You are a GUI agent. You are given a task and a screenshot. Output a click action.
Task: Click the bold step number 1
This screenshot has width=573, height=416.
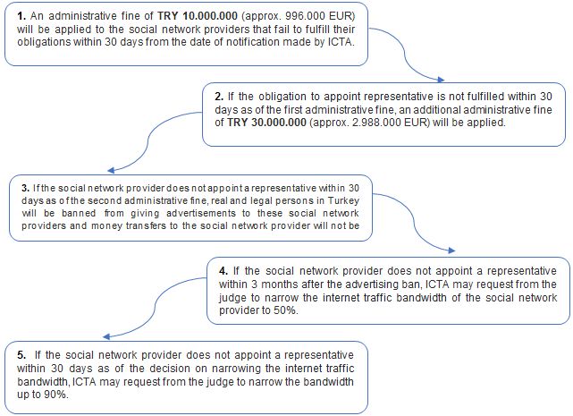point(20,17)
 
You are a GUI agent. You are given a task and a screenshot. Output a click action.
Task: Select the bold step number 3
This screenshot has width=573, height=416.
point(24,189)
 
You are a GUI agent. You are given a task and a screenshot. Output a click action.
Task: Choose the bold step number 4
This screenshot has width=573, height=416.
point(223,269)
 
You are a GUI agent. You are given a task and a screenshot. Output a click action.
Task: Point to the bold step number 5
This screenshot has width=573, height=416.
point(21,354)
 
